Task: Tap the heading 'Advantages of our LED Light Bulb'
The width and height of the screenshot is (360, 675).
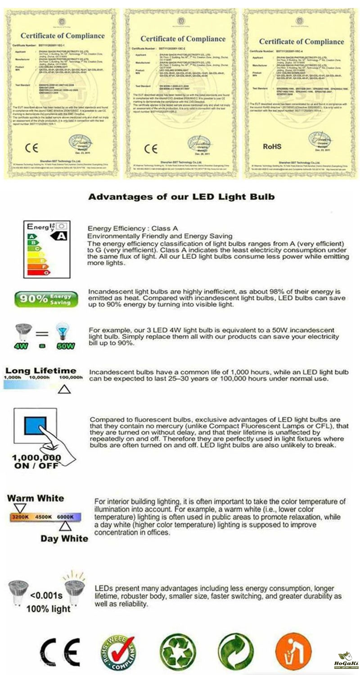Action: [181, 197]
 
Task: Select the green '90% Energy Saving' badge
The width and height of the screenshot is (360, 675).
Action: [46, 299]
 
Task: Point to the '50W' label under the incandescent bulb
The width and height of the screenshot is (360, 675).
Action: [65, 346]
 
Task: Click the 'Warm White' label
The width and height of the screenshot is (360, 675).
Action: [36, 498]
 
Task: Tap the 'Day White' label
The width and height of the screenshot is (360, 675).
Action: [64, 538]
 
